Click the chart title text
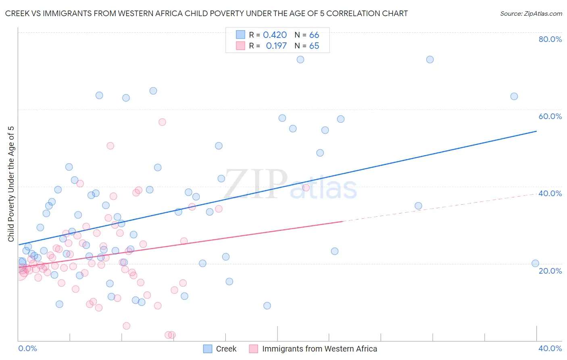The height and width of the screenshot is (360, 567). tap(206, 13)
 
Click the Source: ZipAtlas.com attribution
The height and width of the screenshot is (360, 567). tap(531, 14)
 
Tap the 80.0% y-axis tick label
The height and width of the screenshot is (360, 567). tap(550, 39)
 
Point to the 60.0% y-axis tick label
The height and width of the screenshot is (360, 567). tap(550, 116)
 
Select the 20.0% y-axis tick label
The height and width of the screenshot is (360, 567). tap(550, 271)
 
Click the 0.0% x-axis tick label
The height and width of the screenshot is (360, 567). tap(27, 348)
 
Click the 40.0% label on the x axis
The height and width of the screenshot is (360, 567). tap(550, 348)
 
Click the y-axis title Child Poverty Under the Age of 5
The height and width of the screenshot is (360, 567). tap(11, 184)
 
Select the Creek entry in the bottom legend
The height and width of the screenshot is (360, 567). tap(220, 349)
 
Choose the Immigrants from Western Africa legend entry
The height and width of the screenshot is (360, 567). tap(313, 349)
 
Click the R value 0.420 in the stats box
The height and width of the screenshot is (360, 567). tap(275, 35)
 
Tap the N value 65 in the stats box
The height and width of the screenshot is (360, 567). tap(314, 46)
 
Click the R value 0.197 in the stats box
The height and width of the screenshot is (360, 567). tap(276, 46)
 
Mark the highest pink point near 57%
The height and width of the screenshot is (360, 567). tap(162, 122)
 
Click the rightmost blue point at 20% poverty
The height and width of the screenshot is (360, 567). tap(535, 264)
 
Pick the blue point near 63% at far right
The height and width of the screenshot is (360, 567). tap(514, 96)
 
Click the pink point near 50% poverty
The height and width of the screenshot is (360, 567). tap(110, 146)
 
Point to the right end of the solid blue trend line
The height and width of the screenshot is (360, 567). tap(536, 131)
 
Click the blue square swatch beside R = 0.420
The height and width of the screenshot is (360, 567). tap(241, 35)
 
